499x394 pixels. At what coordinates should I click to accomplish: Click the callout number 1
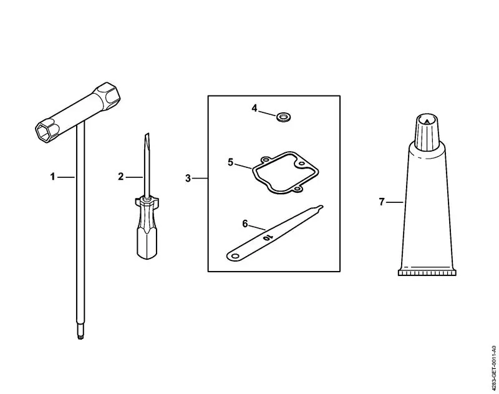[x=53, y=177]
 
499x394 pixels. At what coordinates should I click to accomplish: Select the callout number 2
[x=120, y=177]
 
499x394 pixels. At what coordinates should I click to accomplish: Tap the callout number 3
[x=188, y=179]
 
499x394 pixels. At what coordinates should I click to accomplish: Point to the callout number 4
[x=254, y=108]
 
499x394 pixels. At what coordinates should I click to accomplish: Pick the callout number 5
[x=231, y=162]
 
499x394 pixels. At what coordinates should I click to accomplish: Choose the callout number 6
[x=245, y=224]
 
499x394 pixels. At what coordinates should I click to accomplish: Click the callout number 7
[x=382, y=202]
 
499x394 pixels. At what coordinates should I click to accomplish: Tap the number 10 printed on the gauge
[x=268, y=237]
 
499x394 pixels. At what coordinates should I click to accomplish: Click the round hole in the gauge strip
[x=235, y=256]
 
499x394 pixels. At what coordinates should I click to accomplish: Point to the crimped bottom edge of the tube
[x=427, y=273]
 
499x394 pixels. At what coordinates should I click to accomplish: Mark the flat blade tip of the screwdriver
[x=147, y=136]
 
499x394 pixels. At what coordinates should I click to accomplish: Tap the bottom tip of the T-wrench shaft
[x=80, y=337]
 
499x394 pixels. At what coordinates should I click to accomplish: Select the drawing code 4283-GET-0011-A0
[x=493, y=368]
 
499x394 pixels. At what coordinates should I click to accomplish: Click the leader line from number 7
[x=395, y=202]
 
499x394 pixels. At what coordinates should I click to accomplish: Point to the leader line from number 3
[x=200, y=179]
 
